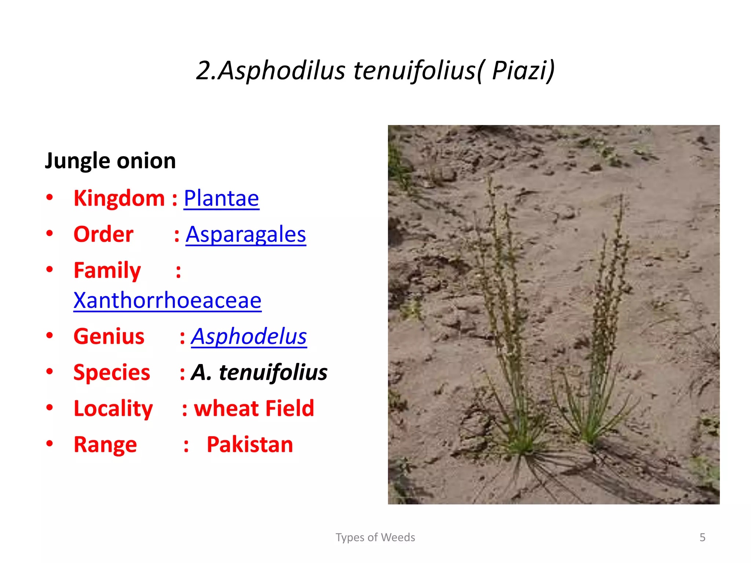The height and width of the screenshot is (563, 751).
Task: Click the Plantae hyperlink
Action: tap(221, 198)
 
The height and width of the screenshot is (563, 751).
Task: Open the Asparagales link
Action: tap(246, 234)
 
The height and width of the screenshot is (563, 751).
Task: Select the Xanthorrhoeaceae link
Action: tap(167, 300)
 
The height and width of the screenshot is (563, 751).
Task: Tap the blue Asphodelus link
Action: tap(249, 336)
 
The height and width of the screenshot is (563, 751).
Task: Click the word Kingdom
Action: tap(119, 198)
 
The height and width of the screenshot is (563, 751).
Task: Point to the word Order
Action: tap(103, 234)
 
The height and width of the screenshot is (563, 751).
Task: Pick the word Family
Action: tap(107, 271)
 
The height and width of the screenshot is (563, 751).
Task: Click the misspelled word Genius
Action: tap(109, 336)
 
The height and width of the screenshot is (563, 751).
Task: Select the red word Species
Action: tap(112, 372)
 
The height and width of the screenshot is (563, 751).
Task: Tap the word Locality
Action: tap(113, 408)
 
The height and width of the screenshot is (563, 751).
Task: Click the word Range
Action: tap(105, 445)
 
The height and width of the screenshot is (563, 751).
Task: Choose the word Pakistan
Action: tap(250, 445)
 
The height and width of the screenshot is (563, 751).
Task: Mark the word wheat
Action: tap(224, 408)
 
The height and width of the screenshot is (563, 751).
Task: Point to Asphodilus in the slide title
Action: tap(281, 70)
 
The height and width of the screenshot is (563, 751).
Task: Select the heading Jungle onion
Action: tap(110, 161)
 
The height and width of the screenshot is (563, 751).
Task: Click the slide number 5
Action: tap(702, 537)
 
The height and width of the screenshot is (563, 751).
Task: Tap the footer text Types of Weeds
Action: tap(375, 537)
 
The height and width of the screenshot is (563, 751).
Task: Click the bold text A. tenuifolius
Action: tap(259, 372)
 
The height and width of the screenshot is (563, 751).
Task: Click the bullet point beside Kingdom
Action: tap(50, 198)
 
